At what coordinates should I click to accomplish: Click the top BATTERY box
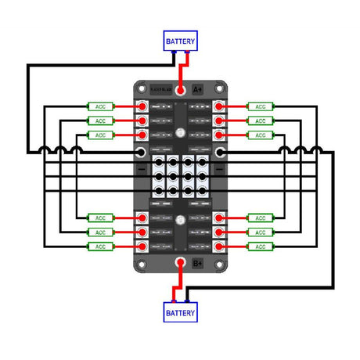tap(180, 40)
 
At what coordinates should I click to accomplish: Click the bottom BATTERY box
tap(180, 312)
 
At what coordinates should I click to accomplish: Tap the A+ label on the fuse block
tap(198, 90)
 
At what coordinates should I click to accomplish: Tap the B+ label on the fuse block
tap(198, 263)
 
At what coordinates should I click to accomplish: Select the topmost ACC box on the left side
tap(99, 106)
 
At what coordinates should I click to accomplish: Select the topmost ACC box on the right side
tap(259, 106)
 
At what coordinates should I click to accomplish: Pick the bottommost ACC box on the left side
tap(99, 247)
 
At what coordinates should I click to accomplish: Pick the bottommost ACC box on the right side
tap(259, 247)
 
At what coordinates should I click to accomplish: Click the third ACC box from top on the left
tap(99, 135)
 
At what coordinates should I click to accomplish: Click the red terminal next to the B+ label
tap(180, 263)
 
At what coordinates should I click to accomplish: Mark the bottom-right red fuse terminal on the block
tap(221, 247)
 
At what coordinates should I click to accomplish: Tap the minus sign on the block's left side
tap(142, 167)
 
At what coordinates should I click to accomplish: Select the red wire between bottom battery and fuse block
tap(180, 286)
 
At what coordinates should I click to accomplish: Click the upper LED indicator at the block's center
tap(181, 134)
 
